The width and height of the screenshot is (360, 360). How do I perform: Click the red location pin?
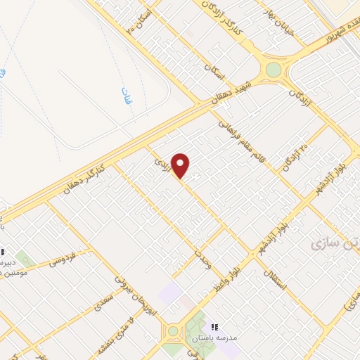(181, 165)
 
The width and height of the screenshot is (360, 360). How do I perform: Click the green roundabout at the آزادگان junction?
(273, 70)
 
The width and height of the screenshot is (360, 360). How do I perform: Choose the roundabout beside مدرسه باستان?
(172, 331)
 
